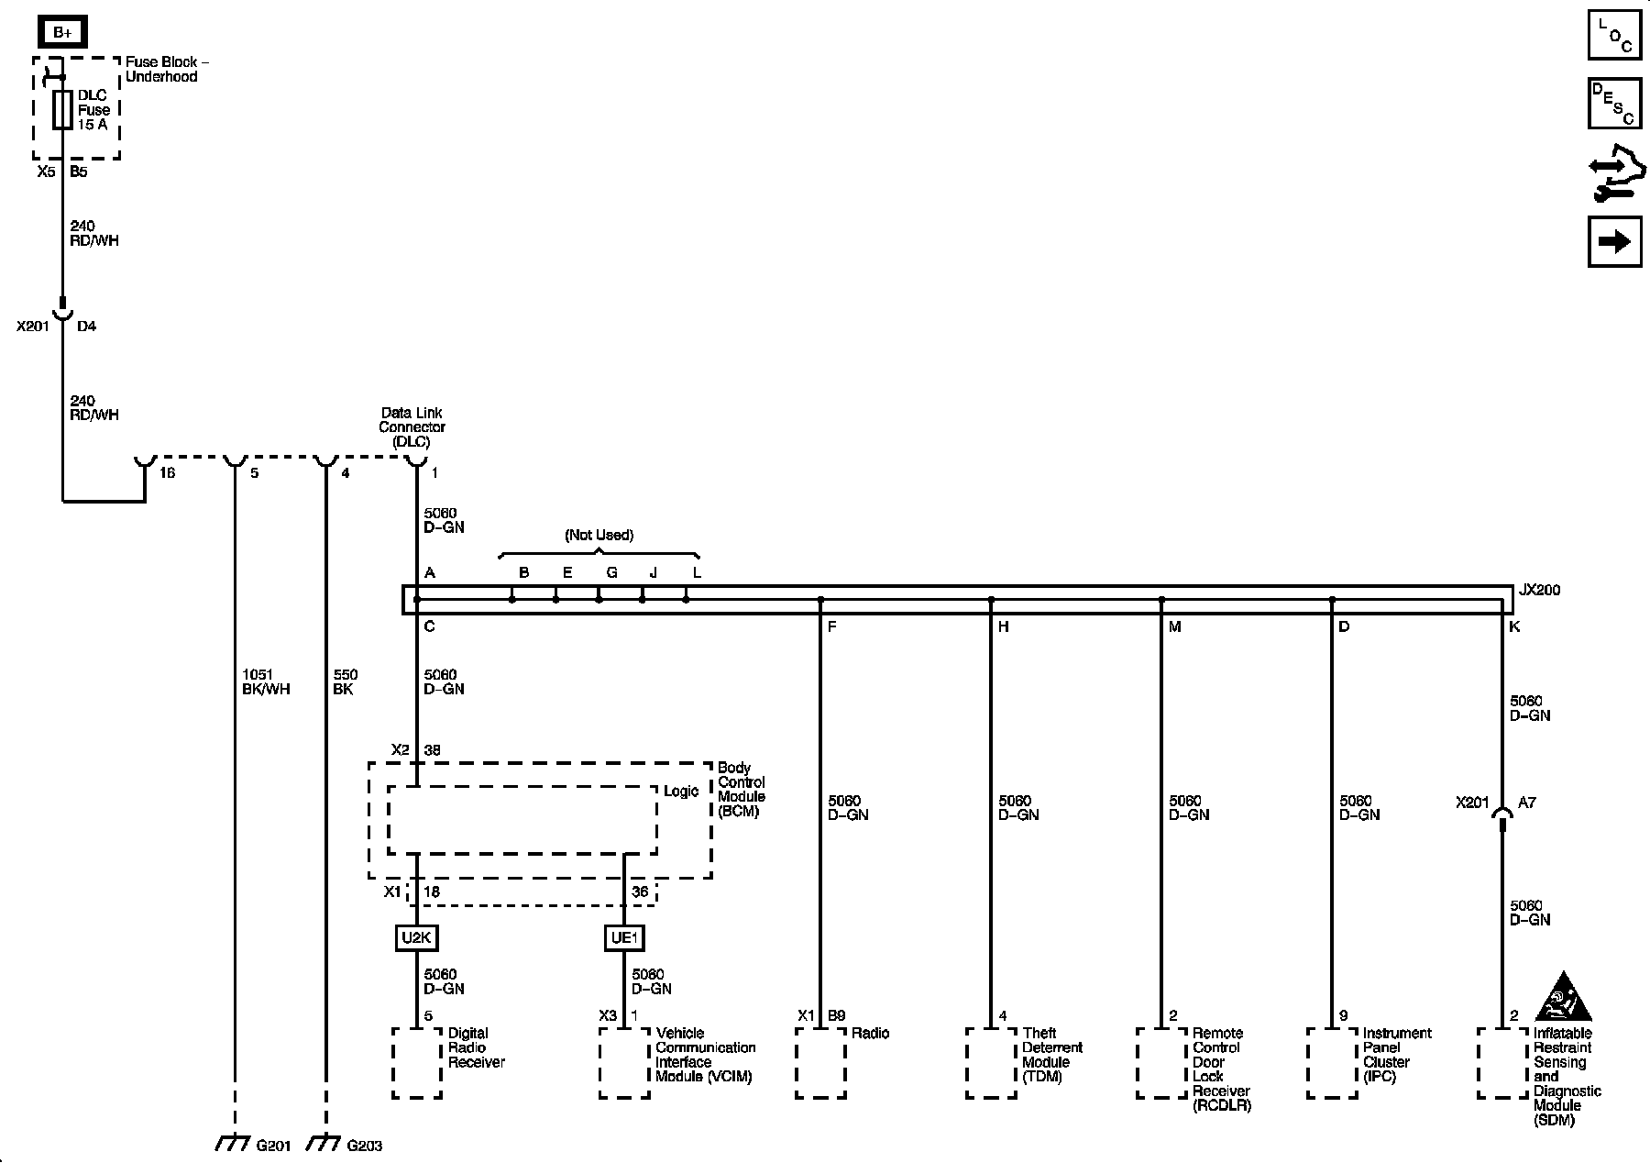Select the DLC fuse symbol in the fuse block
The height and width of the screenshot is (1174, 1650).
pos(63,110)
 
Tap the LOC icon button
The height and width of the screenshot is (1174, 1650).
pos(1614,35)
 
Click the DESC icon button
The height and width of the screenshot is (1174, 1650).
pos(1614,103)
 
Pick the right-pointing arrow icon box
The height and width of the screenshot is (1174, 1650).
pos(1614,242)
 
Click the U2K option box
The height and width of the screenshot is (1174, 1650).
pos(417,938)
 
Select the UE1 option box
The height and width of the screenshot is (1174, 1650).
pos(625,938)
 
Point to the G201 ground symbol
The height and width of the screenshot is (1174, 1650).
pos(234,1144)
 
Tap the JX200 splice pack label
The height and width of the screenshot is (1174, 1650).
pos(1539,591)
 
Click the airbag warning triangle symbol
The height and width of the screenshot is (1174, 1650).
pos(1565,996)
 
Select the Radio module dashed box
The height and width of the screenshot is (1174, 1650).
pos(820,1062)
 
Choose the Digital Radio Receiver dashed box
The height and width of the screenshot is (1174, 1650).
pos(417,1062)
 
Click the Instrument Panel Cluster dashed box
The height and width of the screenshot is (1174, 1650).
pos(1331,1062)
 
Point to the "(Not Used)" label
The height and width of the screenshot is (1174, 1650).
pos(599,535)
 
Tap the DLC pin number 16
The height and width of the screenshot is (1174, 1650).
pos(167,473)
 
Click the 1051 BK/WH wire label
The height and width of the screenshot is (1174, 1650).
pos(266,682)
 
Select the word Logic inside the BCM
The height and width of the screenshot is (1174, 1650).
pos(681,792)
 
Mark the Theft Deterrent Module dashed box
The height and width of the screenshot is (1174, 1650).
pos(991,1062)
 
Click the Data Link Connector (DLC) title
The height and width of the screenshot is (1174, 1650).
pos(412,427)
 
